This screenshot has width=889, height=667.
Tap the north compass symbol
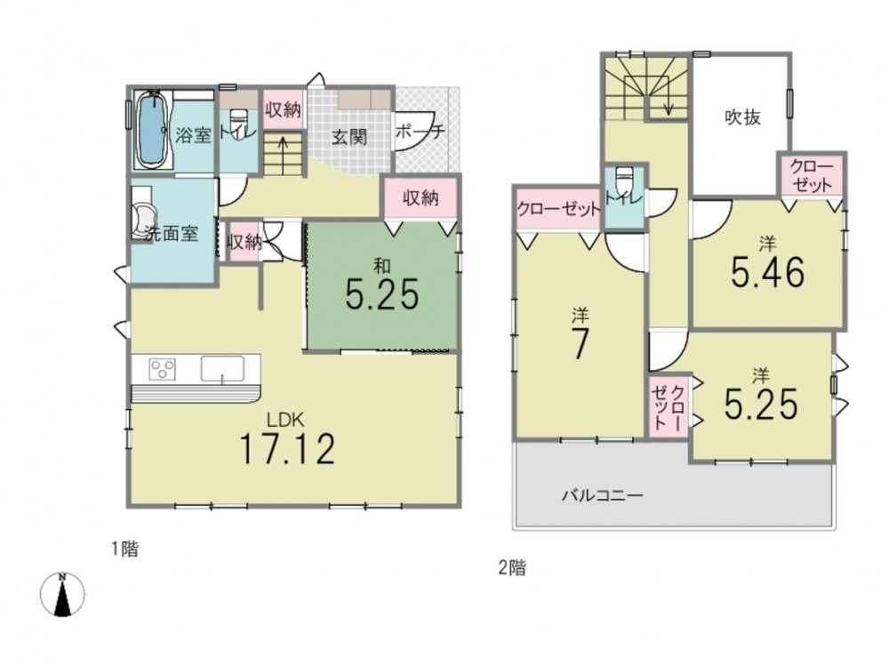pyautogui.click(x=62, y=594)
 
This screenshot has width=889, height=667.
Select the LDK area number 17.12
pyautogui.click(x=287, y=448)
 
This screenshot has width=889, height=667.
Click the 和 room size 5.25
pyautogui.click(x=382, y=293)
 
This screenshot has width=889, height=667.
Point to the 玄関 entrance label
pyautogui.click(x=349, y=137)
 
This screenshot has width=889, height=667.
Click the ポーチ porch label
pyautogui.click(x=420, y=133)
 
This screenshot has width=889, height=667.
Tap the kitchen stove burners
pyautogui.click(x=162, y=369)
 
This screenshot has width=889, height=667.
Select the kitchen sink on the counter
pyautogui.click(x=222, y=369)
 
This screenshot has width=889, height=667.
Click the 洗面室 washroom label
pyautogui.click(x=171, y=233)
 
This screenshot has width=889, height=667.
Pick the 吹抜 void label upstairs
pyautogui.click(x=742, y=117)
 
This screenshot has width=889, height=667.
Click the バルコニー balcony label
pyautogui.click(x=602, y=495)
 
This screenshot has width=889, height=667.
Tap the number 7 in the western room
pyautogui.click(x=579, y=343)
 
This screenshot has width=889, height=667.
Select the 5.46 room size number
pyautogui.click(x=768, y=272)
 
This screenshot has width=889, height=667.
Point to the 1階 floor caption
pyautogui.click(x=124, y=549)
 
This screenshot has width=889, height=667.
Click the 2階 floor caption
pyautogui.click(x=512, y=567)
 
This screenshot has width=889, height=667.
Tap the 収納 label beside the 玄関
pyautogui.click(x=283, y=109)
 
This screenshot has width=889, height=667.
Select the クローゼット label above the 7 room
pyautogui.click(x=558, y=209)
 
